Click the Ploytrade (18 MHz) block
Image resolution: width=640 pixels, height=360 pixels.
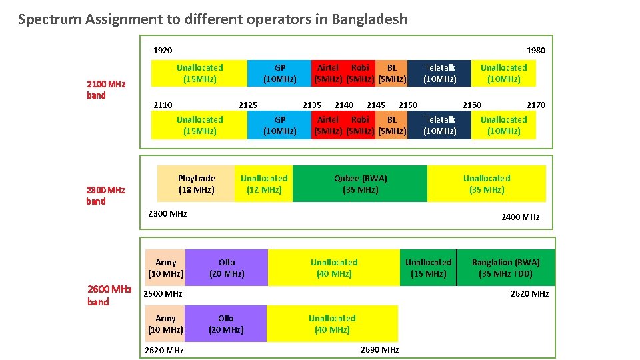point(196,184)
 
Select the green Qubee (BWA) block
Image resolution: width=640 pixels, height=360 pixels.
point(360,184)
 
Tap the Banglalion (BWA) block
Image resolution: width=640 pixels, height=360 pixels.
point(505,268)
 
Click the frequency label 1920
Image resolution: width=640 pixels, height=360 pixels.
point(163,50)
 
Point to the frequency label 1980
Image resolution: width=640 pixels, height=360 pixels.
point(535,50)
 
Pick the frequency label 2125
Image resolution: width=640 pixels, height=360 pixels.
point(248,105)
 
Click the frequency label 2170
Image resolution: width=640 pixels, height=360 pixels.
point(536,105)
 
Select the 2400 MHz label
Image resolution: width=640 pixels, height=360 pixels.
point(520,217)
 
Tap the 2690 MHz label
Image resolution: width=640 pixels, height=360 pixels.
point(379,350)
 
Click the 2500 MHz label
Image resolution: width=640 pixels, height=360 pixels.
point(164,294)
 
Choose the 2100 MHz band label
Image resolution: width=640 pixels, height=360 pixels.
point(106,90)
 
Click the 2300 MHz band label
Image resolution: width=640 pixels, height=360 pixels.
point(106,195)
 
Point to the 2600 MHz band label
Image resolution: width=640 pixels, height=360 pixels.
point(109,295)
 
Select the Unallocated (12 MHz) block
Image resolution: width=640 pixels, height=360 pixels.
point(264,184)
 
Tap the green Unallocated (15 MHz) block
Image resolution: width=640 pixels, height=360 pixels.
point(428,268)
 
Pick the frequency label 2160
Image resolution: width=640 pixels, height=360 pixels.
point(472,105)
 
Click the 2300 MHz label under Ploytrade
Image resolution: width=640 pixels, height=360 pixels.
point(167,213)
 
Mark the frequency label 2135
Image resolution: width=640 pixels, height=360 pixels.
point(312,105)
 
